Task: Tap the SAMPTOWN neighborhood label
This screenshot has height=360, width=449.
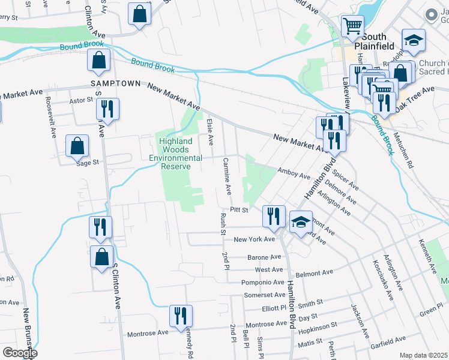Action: click(115, 83)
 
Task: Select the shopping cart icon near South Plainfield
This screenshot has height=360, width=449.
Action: click(352, 25)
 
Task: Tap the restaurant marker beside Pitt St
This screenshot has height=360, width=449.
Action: click(275, 215)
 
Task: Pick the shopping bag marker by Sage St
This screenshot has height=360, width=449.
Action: click(77, 146)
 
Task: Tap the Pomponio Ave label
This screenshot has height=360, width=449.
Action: click(262, 282)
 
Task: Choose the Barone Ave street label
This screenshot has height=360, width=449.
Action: click(265, 257)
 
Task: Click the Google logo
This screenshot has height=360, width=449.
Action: click(20, 353)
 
